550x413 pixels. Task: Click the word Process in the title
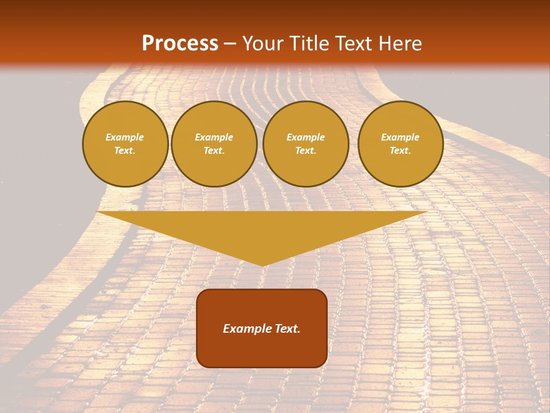(x=180, y=44)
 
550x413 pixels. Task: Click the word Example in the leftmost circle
(x=125, y=137)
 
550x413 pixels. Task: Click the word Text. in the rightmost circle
(x=400, y=151)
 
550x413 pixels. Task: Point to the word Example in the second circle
(x=214, y=137)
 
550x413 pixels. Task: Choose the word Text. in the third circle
(x=305, y=151)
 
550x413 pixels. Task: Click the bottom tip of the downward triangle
(x=262, y=264)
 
